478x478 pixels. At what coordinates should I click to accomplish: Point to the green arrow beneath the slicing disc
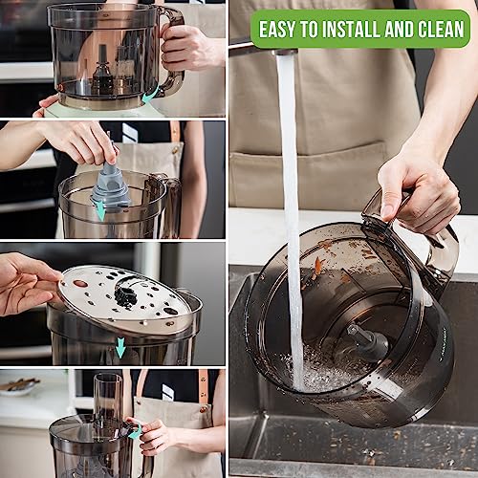point(119,349)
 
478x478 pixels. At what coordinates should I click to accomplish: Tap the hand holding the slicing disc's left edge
point(24,282)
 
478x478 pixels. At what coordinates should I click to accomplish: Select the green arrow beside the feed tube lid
point(136,433)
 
